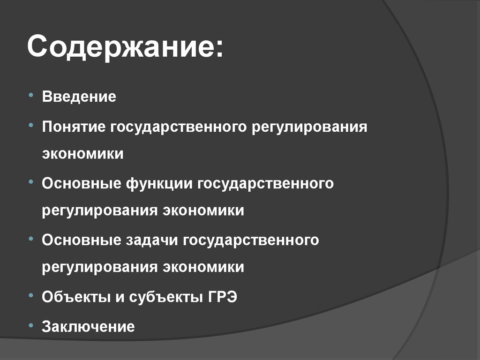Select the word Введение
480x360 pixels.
(79, 97)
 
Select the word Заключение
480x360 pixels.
(88, 326)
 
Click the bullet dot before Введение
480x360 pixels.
(30, 96)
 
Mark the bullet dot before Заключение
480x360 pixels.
(30, 324)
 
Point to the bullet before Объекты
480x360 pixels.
(30, 295)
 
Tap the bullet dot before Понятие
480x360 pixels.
(30, 125)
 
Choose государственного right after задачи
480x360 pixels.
(251, 240)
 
